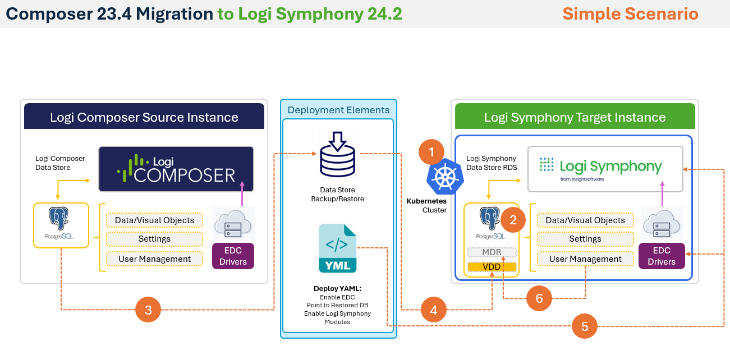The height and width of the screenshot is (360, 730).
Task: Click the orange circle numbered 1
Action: click(x=431, y=152)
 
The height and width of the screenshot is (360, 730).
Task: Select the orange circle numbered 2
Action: click(x=513, y=220)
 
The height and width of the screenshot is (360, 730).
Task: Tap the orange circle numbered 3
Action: click(x=148, y=310)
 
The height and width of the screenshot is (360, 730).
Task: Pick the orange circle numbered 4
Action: click(x=434, y=310)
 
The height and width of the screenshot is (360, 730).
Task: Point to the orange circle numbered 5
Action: click(x=585, y=326)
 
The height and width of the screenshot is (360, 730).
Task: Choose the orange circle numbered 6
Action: click(x=539, y=298)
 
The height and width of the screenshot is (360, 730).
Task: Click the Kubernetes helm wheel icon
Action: click(x=443, y=176)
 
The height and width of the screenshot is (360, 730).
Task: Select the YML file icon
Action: click(x=337, y=248)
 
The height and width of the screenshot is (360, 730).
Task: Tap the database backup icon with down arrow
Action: click(x=337, y=152)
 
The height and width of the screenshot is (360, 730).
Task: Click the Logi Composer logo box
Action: click(x=176, y=169)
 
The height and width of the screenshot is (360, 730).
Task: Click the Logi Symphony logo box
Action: click(x=605, y=168)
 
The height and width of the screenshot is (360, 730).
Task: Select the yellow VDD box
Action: click(x=492, y=267)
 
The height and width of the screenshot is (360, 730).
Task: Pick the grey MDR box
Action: click(x=492, y=252)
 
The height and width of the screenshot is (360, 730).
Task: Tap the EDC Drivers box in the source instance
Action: click(x=233, y=256)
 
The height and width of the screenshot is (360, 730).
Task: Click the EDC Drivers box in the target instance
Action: click(x=662, y=256)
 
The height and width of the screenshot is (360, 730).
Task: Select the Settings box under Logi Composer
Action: click(x=154, y=239)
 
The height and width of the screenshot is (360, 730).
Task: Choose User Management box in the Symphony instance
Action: click(x=585, y=259)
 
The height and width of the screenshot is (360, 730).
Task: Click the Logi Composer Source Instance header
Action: click(x=144, y=117)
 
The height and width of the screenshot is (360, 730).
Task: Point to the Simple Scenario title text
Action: click(x=630, y=13)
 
